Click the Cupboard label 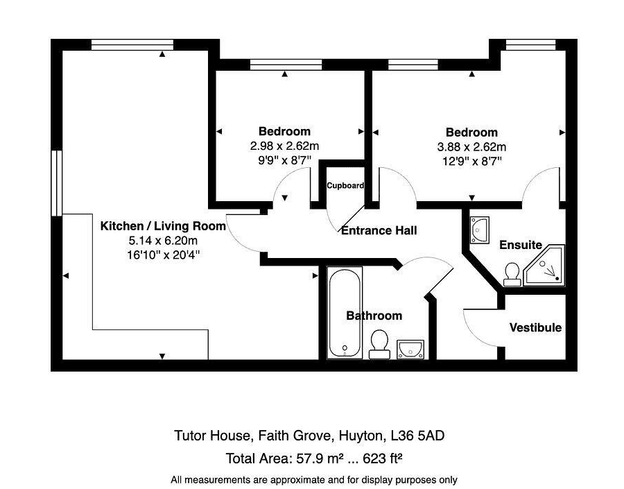pyautogui.click(x=345, y=186)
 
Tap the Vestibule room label pyautogui.click(x=536, y=327)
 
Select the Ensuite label pyautogui.click(x=521, y=245)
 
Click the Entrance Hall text pyautogui.click(x=379, y=230)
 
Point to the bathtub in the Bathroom pyautogui.click(x=345, y=313)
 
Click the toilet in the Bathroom pyautogui.click(x=379, y=344)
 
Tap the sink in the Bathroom pyautogui.click(x=410, y=349)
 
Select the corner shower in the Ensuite pyautogui.click(x=544, y=265)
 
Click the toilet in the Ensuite pyautogui.click(x=512, y=275)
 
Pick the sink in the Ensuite pyautogui.click(x=480, y=230)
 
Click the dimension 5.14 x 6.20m pyautogui.click(x=163, y=241)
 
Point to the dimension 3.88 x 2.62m pyautogui.click(x=471, y=147)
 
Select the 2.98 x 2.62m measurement pyautogui.click(x=284, y=146)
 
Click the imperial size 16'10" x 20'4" pyautogui.click(x=163, y=255)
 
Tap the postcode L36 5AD pyautogui.click(x=417, y=436)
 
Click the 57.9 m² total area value pyautogui.click(x=320, y=458)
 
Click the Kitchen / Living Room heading pyautogui.click(x=163, y=226)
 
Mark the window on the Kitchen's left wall pyautogui.click(x=57, y=183)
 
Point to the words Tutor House pyautogui.click(x=211, y=436)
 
